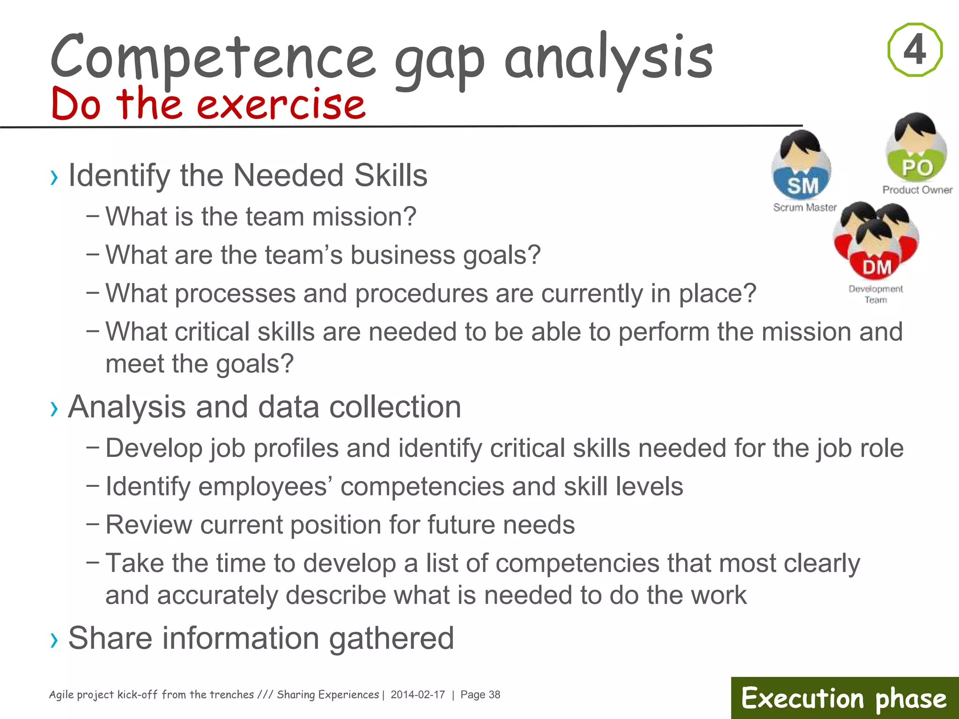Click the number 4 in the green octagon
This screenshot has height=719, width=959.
click(915, 50)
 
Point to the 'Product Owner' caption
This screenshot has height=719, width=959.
click(917, 190)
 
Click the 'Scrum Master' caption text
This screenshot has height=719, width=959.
click(804, 207)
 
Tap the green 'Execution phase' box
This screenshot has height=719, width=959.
click(844, 698)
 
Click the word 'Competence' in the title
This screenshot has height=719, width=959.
click(213, 57)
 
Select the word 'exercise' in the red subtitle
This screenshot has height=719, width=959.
click(281, 104)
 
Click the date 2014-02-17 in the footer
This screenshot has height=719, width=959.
click(418, 695)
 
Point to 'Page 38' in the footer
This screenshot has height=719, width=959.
click(480, 695)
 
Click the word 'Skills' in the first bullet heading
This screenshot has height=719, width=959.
click(391, 176)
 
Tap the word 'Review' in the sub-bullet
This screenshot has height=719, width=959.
click(148, 524)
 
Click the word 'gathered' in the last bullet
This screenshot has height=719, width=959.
click(391, 638)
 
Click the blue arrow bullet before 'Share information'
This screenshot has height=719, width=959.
click(54, 640)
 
